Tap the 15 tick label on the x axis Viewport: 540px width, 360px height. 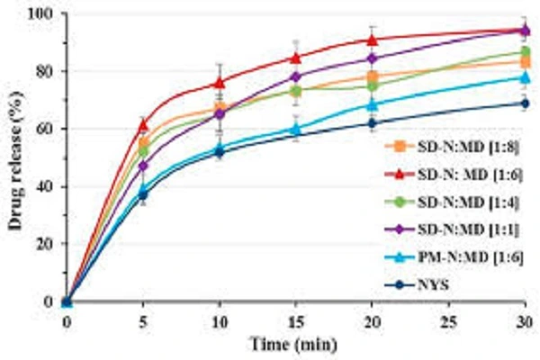pos(295,322)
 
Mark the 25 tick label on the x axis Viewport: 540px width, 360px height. pos(448,322)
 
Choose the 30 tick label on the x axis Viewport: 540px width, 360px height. pos(525,322)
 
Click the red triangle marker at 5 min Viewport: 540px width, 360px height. pos(143,124)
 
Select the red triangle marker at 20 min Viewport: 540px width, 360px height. pos(373,40)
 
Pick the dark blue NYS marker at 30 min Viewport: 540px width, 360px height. pos(526,103)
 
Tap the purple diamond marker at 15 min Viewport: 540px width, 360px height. pos(296,76)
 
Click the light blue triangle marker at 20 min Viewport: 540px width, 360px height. pos(373,104)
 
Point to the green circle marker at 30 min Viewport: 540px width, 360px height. pos(526,52)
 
